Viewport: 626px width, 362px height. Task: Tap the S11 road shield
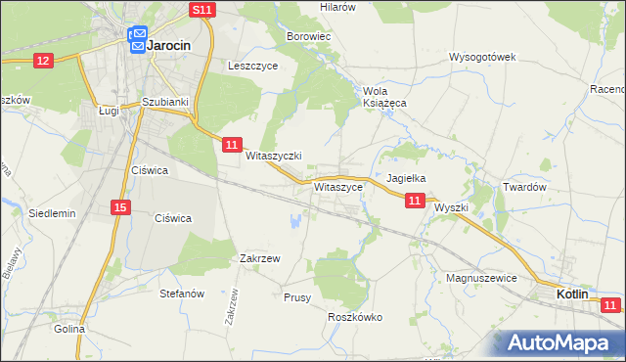pyautogui.click(x=201, y=10)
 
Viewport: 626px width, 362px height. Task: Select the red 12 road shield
pyautogui.click(x=42, y=61)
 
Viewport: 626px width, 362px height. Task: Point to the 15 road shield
pyautogui.click(x=120, y=206)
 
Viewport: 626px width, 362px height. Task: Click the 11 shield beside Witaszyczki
pyautogui.click(x=231, y=145)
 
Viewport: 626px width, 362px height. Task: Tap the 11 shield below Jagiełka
pyautogui.click(x=415, y=201)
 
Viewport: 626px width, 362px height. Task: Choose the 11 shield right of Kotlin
pyautogui.click(x=611, y=306)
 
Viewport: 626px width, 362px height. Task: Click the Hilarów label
pyautogui.click(x=337, y=6)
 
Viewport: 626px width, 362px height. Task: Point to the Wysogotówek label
pyautogui.click(x=482, y=57)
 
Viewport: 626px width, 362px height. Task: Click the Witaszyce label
pyautogui.click(x=339, y=185)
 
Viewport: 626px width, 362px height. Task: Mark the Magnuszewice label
pyautogui.click(x=480, y=278)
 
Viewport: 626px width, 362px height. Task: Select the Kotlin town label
pyautogui.click(x=572, y=294)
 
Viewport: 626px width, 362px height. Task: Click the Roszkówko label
pyautogui.click(x=354, y=317)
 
